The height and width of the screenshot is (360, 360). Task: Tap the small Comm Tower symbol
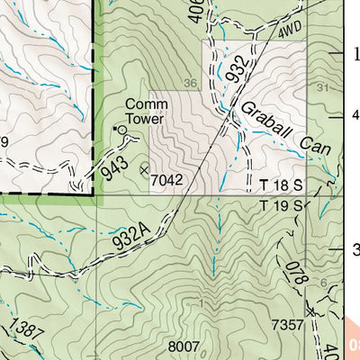117,130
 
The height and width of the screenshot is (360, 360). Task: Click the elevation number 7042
167,180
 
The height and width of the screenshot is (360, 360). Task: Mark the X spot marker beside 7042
144,168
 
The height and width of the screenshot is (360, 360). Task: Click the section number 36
190,84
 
